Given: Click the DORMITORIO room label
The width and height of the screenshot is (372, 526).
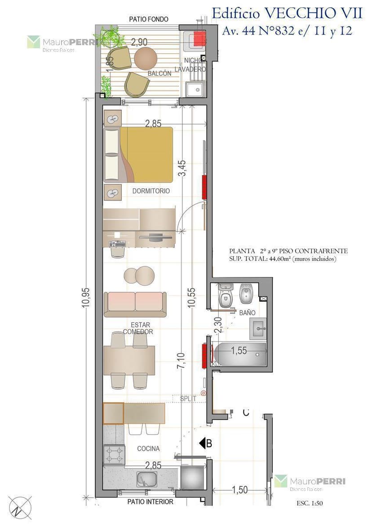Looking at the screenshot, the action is [x=151, y=191].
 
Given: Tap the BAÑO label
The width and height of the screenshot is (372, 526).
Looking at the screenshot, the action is [x=248, y=313].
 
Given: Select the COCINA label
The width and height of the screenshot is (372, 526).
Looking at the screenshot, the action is [x=148, y=448].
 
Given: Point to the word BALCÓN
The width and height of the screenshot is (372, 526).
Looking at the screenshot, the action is [x=159, y=74].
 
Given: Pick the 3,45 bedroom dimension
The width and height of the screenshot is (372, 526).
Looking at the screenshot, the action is [x=182, y=168].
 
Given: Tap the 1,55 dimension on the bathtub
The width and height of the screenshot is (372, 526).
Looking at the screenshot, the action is [x=239, y=351].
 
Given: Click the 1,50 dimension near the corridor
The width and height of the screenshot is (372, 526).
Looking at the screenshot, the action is [x=239, y=490].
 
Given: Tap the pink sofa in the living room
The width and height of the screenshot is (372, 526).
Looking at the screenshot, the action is [x=135, y=304].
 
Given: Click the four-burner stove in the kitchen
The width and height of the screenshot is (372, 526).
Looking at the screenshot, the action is [x=114, y=455].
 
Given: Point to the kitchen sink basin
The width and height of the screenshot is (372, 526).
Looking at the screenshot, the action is [x=147, y=479].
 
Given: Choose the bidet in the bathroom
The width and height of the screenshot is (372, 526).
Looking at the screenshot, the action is [x=246, y=294].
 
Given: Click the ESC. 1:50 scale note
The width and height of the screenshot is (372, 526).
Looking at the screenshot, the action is [x=310, y=503].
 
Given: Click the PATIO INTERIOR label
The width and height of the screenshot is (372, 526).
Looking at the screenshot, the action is [x=150, y=502].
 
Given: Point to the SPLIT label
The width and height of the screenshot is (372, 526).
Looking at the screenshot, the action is [x=188, y=399].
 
